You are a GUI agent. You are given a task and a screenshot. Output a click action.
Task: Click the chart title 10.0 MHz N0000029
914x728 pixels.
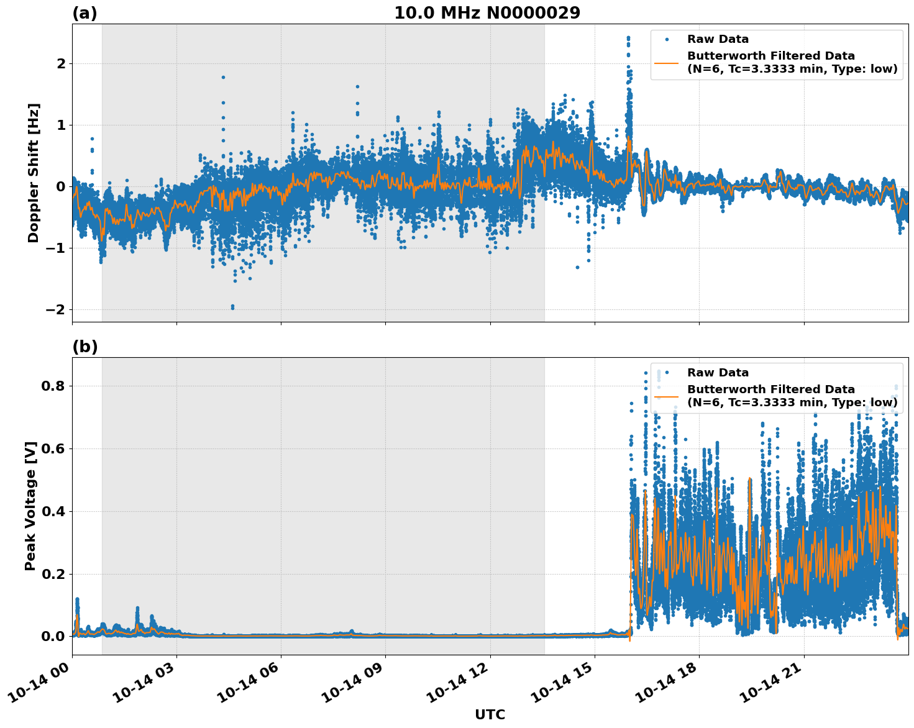pyautogui.click(x=487, y=13)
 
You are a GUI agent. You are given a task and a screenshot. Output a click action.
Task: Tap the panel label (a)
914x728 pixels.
pyautogui.click(x=85, y=13)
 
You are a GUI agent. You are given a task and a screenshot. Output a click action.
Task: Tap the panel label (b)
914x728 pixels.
pyautogui.click(x=85, y=347)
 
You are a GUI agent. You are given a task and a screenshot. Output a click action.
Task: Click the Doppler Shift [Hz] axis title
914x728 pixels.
pyautogui.click(x=34, y=173)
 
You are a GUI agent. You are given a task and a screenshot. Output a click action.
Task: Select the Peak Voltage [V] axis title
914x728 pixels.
pyautogui.click(x=30, y=506)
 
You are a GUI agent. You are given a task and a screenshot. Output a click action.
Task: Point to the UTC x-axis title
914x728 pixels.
pyautogui.click(x=490, y=714)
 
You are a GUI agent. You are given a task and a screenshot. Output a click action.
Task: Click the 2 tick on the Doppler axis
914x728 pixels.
pyautogui.click(x=61, y=63)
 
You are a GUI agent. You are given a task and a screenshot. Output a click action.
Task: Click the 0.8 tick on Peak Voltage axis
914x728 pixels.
pyautogui.click(x=53, y=386)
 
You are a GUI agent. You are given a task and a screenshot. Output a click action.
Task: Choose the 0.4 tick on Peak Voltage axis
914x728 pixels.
pyautogui.click(x=53, y=511)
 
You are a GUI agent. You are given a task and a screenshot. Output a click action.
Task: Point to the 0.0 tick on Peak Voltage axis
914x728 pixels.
pyautogui.click(x=53, y=636)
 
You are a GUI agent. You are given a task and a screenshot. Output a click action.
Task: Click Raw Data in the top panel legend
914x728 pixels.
pyautogui.click(x=718, y=39)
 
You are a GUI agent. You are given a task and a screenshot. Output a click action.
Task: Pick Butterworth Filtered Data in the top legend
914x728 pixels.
pyautogui.click(x=770, y=56)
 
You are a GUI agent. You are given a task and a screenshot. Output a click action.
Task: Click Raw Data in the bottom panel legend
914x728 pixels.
pyautogui.click(x=718, y=373)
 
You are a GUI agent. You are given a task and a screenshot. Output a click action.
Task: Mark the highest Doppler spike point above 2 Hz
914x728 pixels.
pyautogui.click(x=628, y=38)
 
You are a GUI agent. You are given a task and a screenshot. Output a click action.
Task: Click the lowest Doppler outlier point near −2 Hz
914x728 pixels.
pyautogui.click(x=232, y=307)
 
